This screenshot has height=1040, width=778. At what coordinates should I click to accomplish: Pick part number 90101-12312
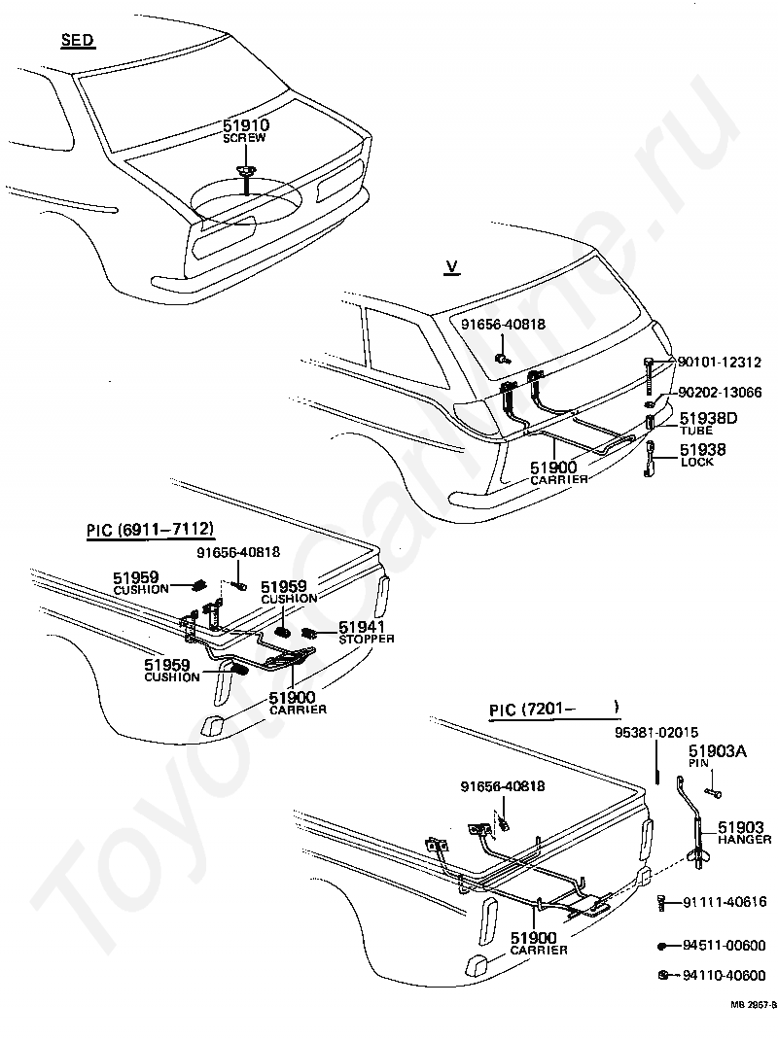(x=719, y=363)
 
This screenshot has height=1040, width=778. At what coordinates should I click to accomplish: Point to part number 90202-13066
(x=719, y=393)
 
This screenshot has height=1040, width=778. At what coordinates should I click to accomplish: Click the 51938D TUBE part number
(x=708, y=419)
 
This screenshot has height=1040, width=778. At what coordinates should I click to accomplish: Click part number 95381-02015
(x=655, y=732)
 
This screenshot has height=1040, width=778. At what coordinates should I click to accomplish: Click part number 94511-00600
(x=724, y=945)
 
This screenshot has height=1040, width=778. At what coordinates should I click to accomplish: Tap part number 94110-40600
(x=724, y=975)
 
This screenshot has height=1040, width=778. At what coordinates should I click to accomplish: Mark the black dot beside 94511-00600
(x=661, y=946)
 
